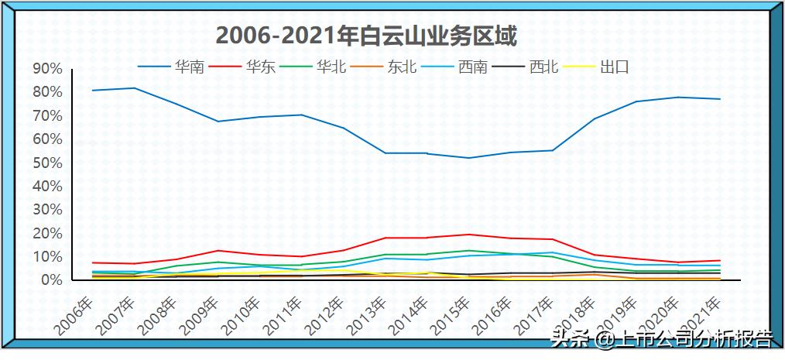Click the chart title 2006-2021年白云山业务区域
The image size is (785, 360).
(366, 36)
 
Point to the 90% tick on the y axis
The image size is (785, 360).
(47, 69)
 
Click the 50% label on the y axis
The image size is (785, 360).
(47, 163)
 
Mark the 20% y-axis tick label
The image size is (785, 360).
(47, 233)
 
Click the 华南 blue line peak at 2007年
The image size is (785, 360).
(135, 88)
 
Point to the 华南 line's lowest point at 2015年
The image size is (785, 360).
(468, 158)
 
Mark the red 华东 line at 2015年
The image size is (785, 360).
(468, 234)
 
